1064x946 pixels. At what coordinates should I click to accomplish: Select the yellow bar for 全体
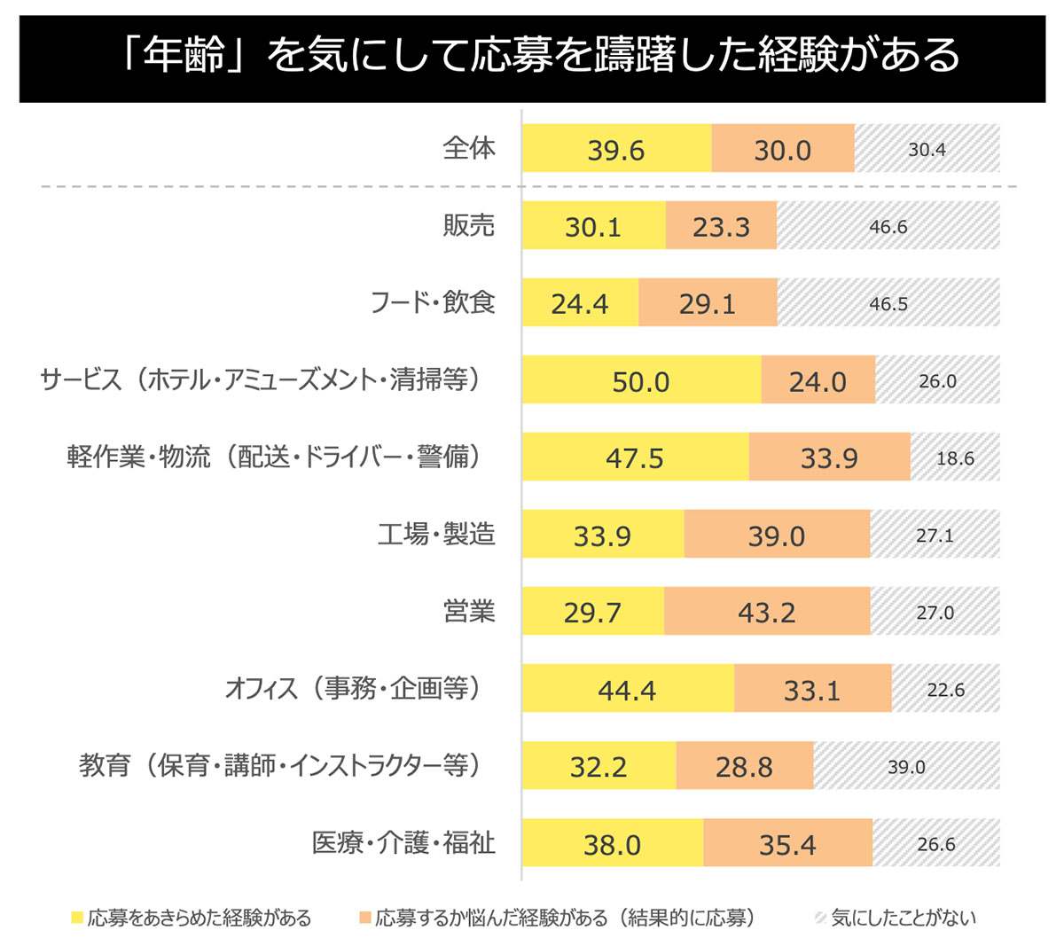[616, 149]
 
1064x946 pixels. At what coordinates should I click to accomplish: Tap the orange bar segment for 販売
[721, 226]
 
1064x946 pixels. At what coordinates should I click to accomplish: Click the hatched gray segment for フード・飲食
[888, 303]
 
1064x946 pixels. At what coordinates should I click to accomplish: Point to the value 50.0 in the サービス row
[641, 381]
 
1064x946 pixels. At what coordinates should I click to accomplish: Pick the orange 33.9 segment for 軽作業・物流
[829, 457]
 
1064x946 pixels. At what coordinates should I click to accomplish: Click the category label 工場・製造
[436, 534]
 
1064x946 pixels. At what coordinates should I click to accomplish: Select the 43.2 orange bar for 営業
[767, 612]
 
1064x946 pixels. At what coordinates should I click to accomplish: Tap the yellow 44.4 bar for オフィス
[627, 689]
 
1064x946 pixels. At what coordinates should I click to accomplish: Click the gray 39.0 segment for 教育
[906, 766]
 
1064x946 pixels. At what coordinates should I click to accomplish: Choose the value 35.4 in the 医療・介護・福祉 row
[787, 844]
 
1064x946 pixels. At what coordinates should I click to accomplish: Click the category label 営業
[469, 611]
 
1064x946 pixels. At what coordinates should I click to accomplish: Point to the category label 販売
[469, 225]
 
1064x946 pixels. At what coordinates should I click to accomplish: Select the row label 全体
[469, 147]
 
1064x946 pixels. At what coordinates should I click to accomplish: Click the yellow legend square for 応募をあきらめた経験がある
[77, 918]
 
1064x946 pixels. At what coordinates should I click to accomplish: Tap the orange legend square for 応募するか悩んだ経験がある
[364, 918]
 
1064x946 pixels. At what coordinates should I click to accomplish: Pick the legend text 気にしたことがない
[903, 918]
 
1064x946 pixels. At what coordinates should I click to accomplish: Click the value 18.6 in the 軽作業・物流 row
[955, 458]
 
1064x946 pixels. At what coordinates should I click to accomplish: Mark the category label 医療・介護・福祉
[403, 842]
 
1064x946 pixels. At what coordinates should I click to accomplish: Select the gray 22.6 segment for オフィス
[945, 690]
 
